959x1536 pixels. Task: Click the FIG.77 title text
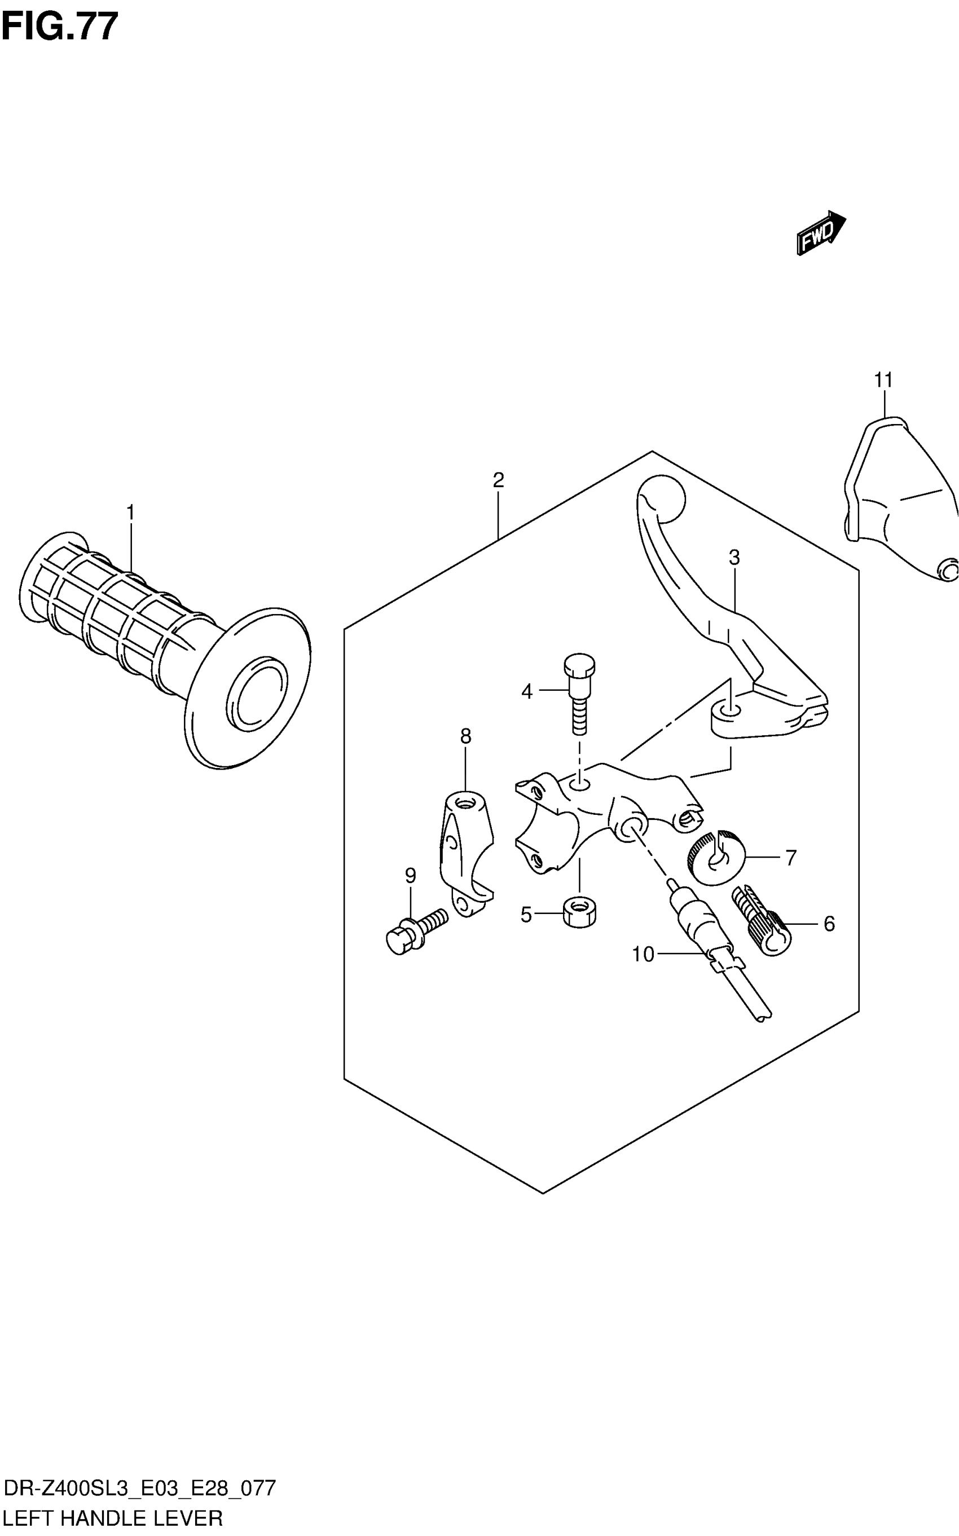[60, 27]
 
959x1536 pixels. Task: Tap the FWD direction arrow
[821, 233]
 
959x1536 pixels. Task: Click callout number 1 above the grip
[131, 512]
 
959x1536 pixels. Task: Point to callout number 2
[498, 480]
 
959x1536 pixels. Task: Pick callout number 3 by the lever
[734, 558]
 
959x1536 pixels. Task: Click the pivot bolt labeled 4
[579, 690]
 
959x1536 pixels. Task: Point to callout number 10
[643, 954]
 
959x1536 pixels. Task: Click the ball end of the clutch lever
[663, 498]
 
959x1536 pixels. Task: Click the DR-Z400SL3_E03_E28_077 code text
[139, 1489]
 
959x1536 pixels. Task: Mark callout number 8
[465, 736]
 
